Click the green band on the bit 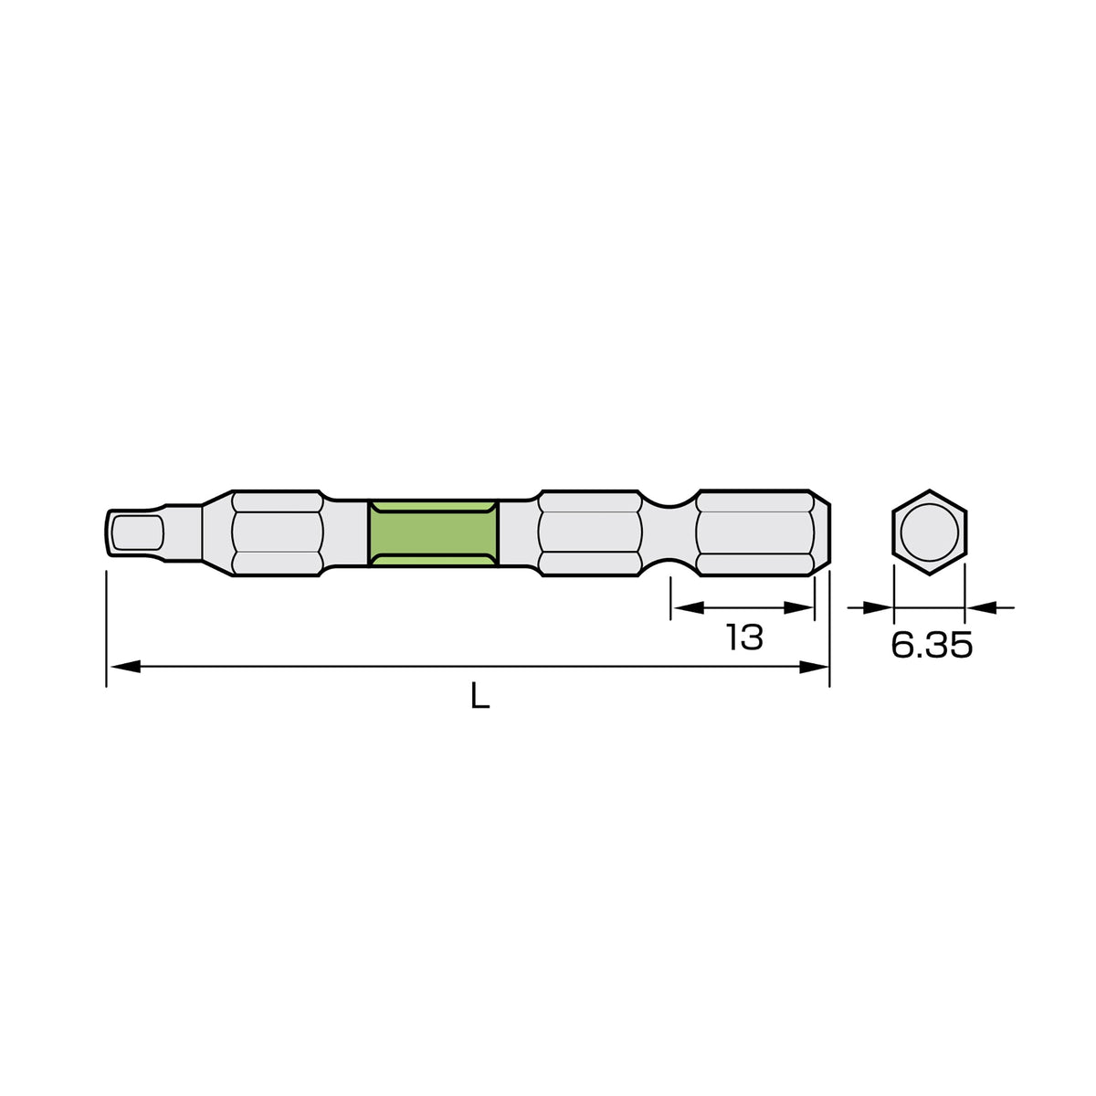(433, 533)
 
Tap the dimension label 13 (744, 637)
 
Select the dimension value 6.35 (932, 645)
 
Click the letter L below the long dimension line (480, 696)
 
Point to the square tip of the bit (135, 532)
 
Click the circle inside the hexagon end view (930, 532)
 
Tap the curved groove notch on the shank (669, 532)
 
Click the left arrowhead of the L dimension (125, 667)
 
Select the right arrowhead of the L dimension (814, 667)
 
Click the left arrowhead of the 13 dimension (688, 608)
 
